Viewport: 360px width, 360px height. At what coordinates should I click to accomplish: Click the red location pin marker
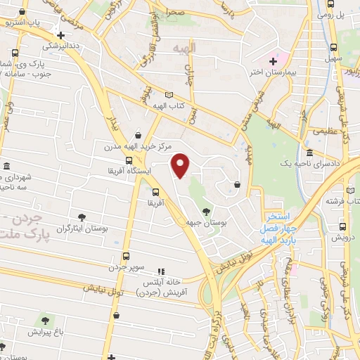click(181, 165)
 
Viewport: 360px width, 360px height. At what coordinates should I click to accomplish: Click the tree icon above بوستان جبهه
click(206, 211)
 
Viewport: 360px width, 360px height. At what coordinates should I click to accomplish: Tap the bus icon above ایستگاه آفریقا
click(128, 160)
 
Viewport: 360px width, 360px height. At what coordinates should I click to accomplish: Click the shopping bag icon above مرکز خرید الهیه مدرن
click(139, 135)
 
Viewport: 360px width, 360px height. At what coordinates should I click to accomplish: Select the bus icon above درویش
click(343, 226)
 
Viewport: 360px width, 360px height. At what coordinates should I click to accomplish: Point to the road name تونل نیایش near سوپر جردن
click(104, 289)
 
